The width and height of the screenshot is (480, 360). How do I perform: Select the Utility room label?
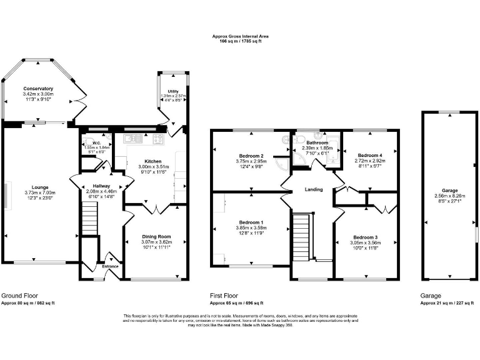173,91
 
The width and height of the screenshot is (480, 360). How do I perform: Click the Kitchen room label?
153,161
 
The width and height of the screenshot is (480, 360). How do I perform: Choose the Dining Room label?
156,237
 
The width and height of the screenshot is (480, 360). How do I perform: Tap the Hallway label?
101,186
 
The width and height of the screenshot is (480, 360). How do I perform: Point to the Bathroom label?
317,142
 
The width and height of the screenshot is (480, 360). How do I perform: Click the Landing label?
313,189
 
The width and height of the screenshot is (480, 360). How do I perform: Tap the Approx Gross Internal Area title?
241,36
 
